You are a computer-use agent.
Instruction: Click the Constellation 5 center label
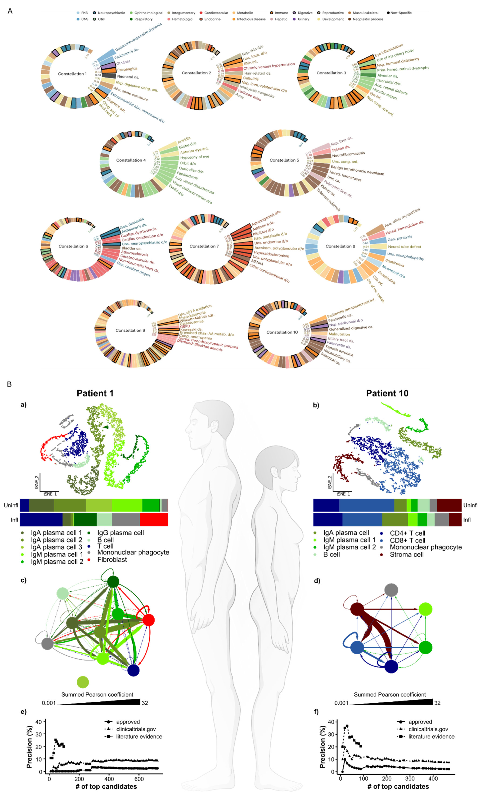coord(284,160)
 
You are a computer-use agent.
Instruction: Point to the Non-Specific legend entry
coord(401,13)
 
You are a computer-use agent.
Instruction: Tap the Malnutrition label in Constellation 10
coord(339,334)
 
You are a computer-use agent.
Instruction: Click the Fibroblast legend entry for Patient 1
coord(112,560)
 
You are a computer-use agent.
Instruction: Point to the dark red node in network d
coord(357,609)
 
